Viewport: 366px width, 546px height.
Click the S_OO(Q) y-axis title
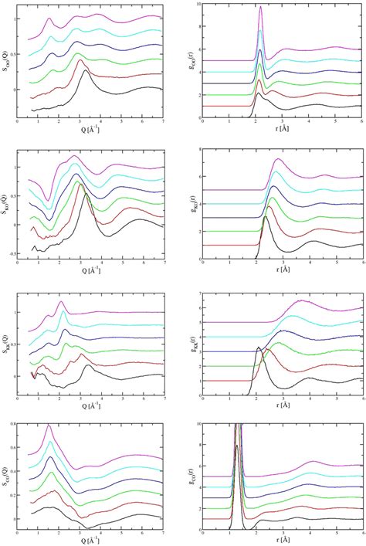[x=5, y=62]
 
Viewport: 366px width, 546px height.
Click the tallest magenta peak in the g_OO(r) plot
[x=260, y=7]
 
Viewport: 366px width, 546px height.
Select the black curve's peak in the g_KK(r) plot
[x=258, y=348]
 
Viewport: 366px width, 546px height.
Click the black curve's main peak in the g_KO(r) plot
[x=265, y=217]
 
